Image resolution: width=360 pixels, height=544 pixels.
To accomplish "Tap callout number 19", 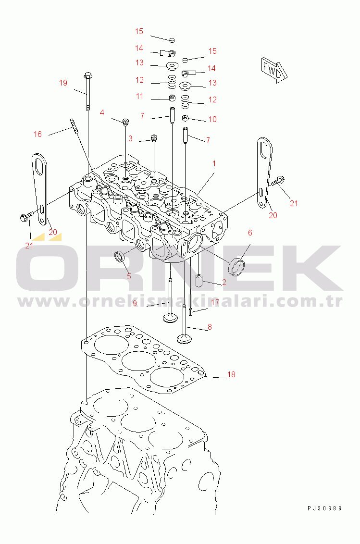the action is [63, 83].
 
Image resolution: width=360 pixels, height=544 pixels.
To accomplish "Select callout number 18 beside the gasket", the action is [231, 374].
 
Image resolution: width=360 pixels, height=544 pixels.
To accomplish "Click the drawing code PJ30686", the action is [324, 508].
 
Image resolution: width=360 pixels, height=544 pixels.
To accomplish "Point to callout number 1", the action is [214, 163].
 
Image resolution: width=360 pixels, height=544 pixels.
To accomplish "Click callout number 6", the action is [250, 233].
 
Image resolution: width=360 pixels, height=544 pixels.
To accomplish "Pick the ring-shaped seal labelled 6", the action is [237, 267].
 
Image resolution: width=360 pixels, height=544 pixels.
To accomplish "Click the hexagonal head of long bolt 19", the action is [88, 75].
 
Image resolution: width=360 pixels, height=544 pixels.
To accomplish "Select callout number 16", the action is [37, 134].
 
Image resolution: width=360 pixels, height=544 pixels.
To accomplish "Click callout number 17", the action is [215, 303].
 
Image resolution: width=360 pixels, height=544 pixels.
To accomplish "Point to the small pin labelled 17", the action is [191, 311].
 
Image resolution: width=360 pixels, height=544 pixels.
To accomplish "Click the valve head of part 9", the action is [171, 318].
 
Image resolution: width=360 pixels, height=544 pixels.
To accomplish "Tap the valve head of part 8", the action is [185, 339].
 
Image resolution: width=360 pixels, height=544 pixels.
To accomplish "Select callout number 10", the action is [212, 119].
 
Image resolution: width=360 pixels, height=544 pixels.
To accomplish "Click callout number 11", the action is [139, 96].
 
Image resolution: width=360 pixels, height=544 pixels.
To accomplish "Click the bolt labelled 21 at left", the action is [26, 217].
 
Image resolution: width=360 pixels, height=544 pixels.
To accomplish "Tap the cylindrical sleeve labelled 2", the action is [199, 281].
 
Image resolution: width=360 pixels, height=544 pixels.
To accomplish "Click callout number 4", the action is [102, 112].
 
